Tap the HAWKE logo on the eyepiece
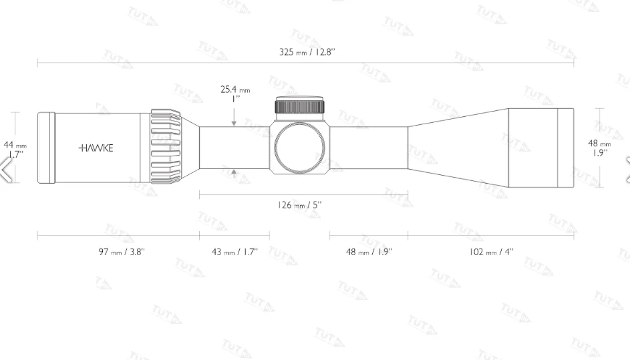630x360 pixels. point(96,148)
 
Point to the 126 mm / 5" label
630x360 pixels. point(300,205)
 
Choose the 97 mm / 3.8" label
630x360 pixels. point(122,251)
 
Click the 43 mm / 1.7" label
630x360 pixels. point(234,251)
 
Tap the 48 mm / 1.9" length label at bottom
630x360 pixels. point(369,251)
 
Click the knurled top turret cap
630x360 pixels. point(300,107)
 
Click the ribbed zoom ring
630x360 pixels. point(166,146)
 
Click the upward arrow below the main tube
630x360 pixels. point(234,173)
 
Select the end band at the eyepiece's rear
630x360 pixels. point(45,148)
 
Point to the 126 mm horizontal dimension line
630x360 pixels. point(304,195)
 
